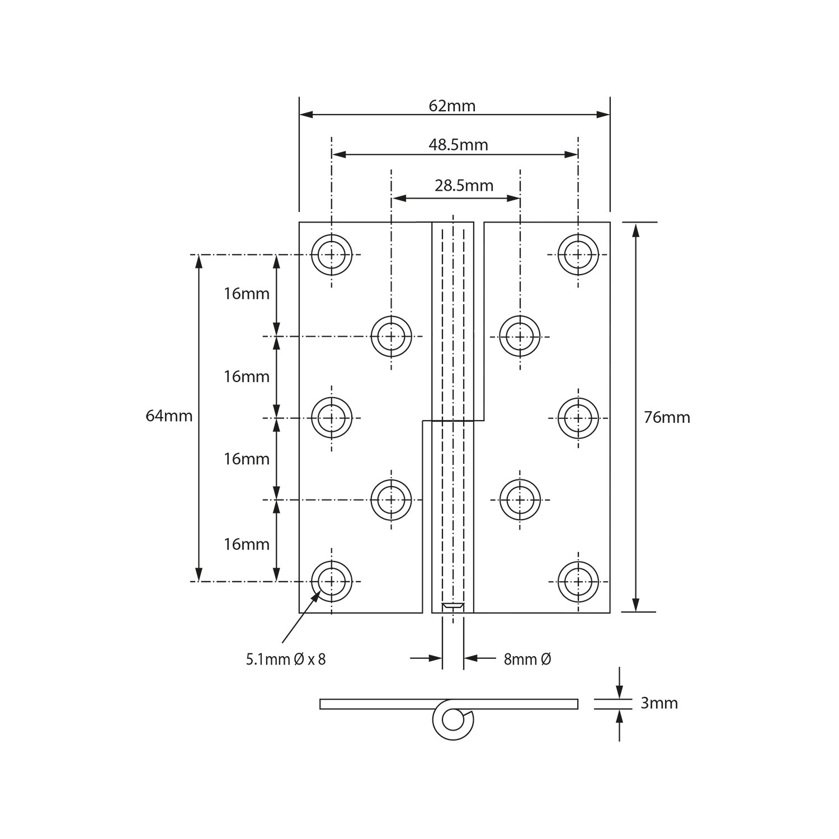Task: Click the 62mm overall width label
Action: (x=452, y=106)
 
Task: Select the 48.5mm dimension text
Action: (x=458, y=145)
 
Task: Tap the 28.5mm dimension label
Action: (x=464, y=186)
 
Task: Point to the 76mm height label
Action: (x=667, y=417)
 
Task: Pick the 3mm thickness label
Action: (x=659, y=703)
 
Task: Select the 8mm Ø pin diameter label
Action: (x=527, y=659)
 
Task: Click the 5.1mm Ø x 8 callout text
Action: (x=286, y=659)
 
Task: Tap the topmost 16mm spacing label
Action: (x=247, y=294)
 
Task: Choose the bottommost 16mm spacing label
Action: (x=247, y=544)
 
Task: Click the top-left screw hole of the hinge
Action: (x=332, y=255)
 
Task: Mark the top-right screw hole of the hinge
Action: (x=578, y=254)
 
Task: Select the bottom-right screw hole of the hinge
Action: (x=578, y=582)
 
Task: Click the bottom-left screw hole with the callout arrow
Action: (x=332, y=582)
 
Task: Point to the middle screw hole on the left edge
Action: (x=332, y=418)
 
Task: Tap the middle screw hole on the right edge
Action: (x=578, y=418)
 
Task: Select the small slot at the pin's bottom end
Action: (x=453, y=606)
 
